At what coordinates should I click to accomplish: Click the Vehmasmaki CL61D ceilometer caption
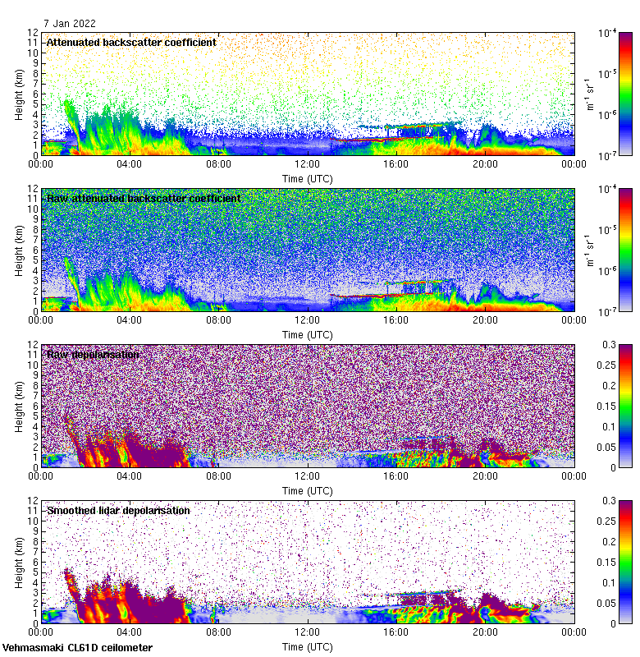[x=77, y=648]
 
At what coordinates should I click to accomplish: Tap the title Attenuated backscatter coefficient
[x=131, y=42]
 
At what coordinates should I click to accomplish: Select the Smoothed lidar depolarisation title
[x=118, y=510]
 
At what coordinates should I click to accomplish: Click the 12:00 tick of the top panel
[x=307, y=163]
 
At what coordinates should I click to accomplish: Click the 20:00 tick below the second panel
[x=485, y=319]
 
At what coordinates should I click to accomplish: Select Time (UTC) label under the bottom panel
[x=307, y=646]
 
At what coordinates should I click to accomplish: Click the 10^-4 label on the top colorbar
[x=609, y=33]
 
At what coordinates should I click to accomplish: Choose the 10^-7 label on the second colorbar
[x=609, y=311]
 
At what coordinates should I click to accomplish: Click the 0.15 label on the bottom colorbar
[x=607, y=562]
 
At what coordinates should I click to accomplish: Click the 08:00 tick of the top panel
[x=218, y=163]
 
